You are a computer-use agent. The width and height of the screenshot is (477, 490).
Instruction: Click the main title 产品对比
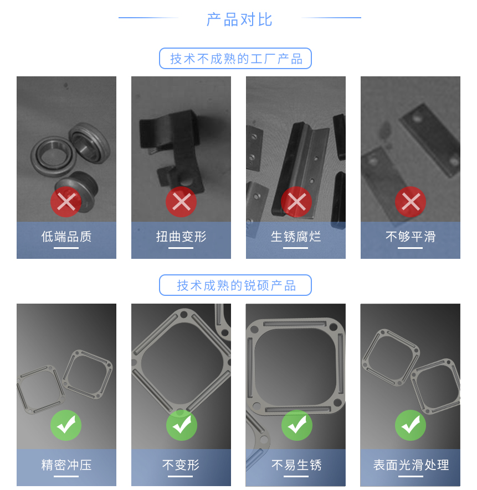coord(239,19)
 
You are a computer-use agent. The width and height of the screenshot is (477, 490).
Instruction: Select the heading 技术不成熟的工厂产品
coord(235,59)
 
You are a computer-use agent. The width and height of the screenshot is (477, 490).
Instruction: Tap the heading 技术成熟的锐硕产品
coord(235,285)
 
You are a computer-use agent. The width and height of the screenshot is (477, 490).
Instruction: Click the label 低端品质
coord(66,237)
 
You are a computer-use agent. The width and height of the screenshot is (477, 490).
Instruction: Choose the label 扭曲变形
coord(181,237)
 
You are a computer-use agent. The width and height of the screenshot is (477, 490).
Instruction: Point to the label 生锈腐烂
coord(296,237)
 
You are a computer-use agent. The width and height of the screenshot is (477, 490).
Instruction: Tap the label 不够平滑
coord(411,237)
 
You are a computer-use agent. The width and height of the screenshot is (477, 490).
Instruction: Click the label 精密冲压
coord(66,465)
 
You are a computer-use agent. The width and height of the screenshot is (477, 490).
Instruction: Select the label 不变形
coord(181,465)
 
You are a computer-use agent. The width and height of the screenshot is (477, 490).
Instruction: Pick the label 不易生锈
coord(296,465)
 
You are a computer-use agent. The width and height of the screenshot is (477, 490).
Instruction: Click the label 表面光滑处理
coord(411,465)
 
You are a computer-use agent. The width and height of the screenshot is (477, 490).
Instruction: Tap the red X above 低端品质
coord(66,202)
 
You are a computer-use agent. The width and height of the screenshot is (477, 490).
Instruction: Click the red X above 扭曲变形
coord(181,202)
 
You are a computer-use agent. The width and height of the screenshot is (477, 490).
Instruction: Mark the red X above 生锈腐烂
coord(296,202)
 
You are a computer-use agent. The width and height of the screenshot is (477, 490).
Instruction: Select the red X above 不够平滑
coord(411,202)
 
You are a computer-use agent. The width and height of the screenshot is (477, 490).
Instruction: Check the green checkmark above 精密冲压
coord(66,425)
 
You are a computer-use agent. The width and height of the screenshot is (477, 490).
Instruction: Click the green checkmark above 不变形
coord(181,425)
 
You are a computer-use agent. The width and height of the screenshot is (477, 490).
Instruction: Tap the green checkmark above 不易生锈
coord(296,425)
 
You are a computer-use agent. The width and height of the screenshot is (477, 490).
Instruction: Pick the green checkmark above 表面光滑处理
coord(411,425)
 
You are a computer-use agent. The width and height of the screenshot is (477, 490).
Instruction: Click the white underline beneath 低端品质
coord(66,248)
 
